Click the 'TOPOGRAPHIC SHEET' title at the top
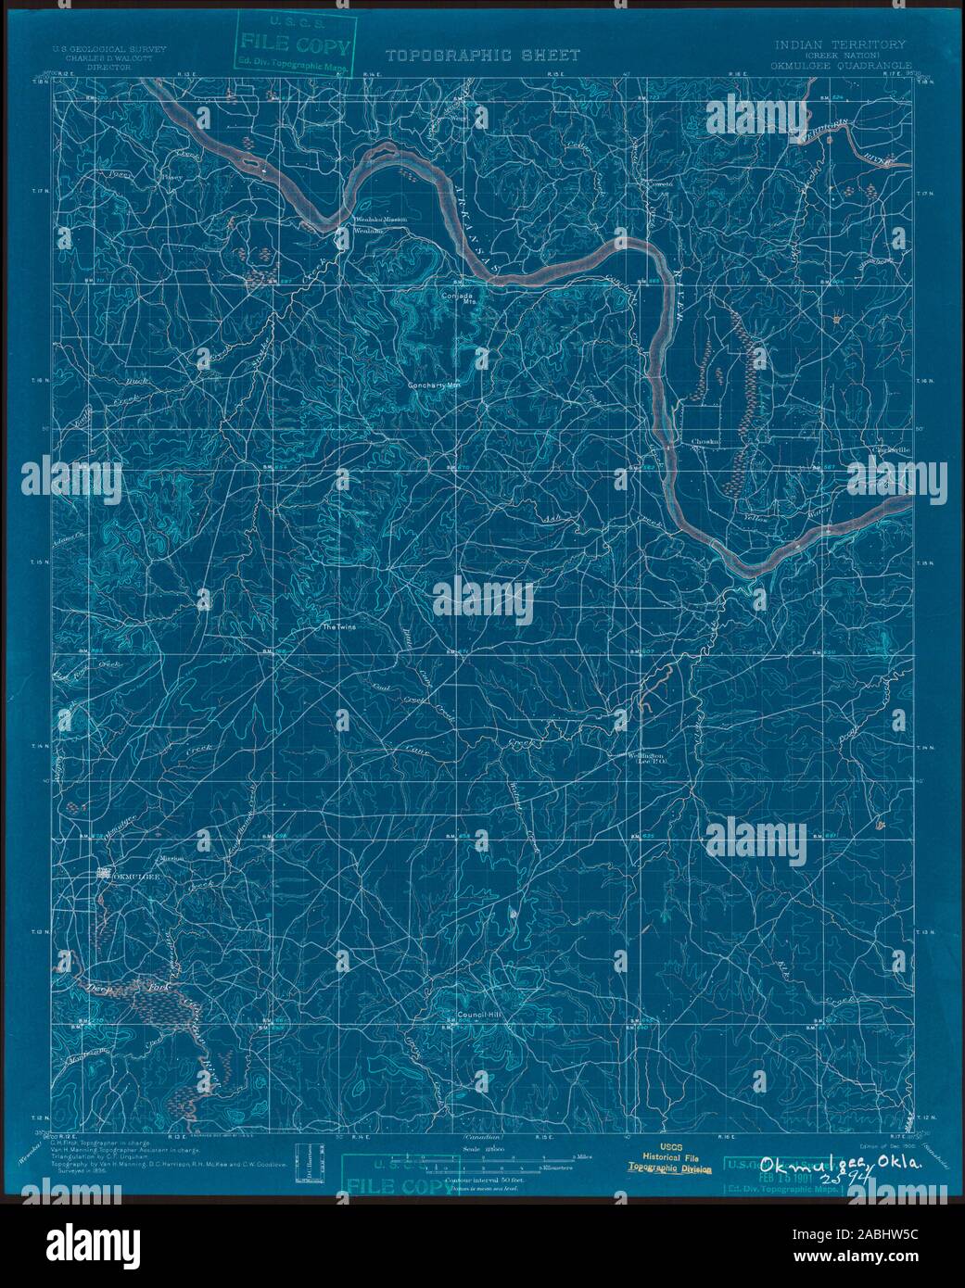482,56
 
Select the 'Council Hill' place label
478,1015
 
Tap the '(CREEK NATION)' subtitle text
841,55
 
